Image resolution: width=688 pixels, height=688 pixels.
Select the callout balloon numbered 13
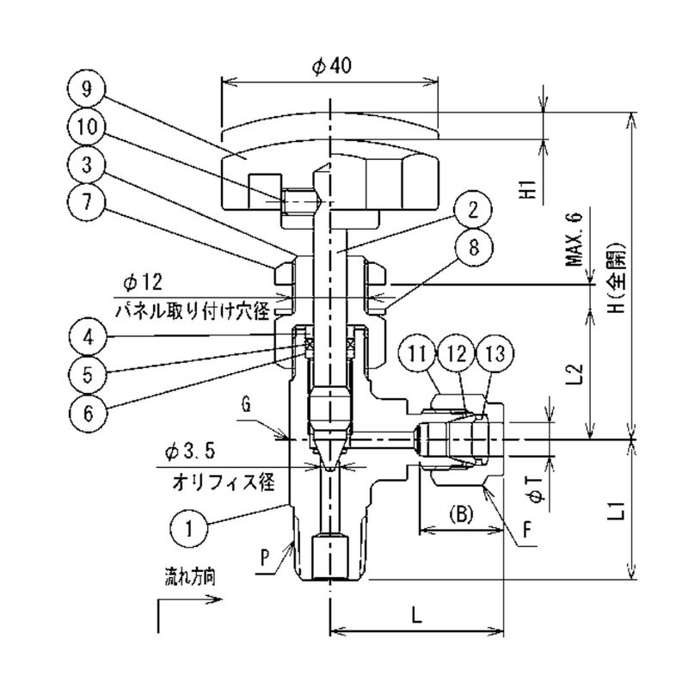point(496,353)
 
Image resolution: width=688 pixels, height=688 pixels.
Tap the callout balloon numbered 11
point(419,353)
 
